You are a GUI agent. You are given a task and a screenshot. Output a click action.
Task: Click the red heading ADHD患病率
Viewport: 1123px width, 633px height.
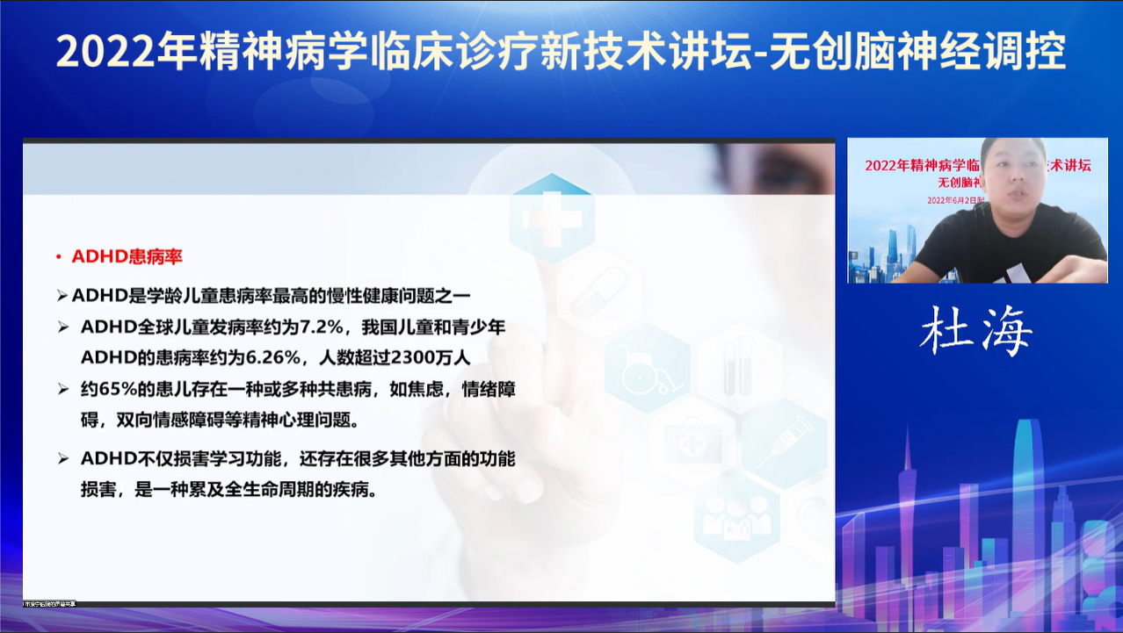(x=127, y=256)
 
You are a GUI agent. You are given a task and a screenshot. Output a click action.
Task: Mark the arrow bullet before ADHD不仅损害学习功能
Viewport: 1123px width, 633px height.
(x=62, y=458)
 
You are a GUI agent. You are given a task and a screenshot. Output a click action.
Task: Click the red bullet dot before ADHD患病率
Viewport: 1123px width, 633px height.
(x=58, y=257)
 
